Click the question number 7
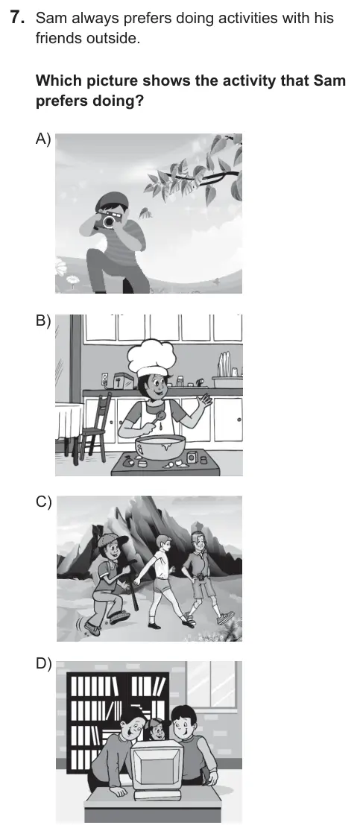click(17, 18)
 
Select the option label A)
click(43, 139)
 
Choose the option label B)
click(43, 320)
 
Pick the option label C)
click(43, 502)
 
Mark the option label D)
click(43, 663)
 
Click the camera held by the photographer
click(109, 218)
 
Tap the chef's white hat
click(152, 358)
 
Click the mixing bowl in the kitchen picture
click(160, 446)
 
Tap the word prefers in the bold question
click(60, 101)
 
